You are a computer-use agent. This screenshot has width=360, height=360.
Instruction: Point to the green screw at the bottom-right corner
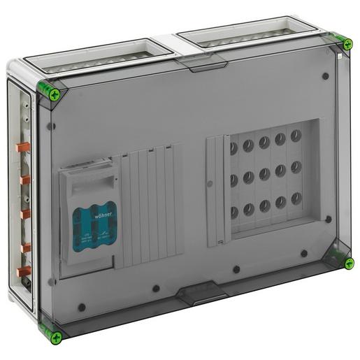point(348,263)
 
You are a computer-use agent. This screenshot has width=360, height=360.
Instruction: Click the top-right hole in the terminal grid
point(296,135)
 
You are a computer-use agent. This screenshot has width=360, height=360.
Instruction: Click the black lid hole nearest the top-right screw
point(326,76)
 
